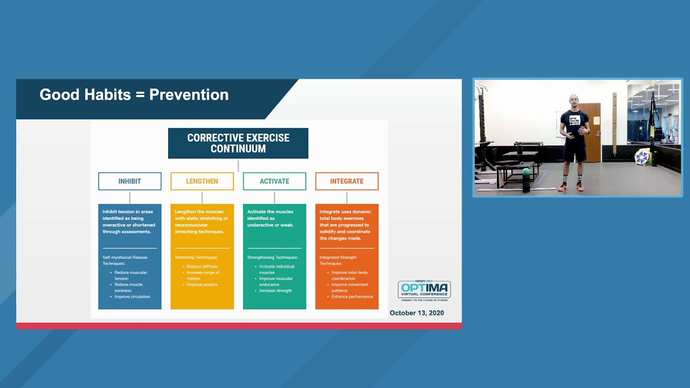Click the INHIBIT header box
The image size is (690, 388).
click(129, 181)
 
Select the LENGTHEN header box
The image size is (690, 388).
click(202, 181)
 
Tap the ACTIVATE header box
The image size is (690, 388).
click(274, 181)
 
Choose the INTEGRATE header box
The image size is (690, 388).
click(347, 181)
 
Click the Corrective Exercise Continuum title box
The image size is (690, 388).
click(238, 143)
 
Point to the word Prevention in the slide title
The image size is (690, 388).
click(189, 95)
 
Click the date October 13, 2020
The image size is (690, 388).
click(417, 313)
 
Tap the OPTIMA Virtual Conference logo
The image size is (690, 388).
click(424, 290)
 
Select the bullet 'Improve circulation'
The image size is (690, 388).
click(132, 297)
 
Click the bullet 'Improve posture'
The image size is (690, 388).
click(202, 285)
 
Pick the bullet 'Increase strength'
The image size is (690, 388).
click(275, 290)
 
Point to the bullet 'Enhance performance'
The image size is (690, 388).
click(352, 297)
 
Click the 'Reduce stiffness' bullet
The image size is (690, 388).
click(202, 266)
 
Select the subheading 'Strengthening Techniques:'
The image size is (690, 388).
click(272, 258)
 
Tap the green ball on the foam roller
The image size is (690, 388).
click(526, 172)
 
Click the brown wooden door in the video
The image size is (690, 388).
click(593, 132)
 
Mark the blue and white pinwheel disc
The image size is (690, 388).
click(641, 157)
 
